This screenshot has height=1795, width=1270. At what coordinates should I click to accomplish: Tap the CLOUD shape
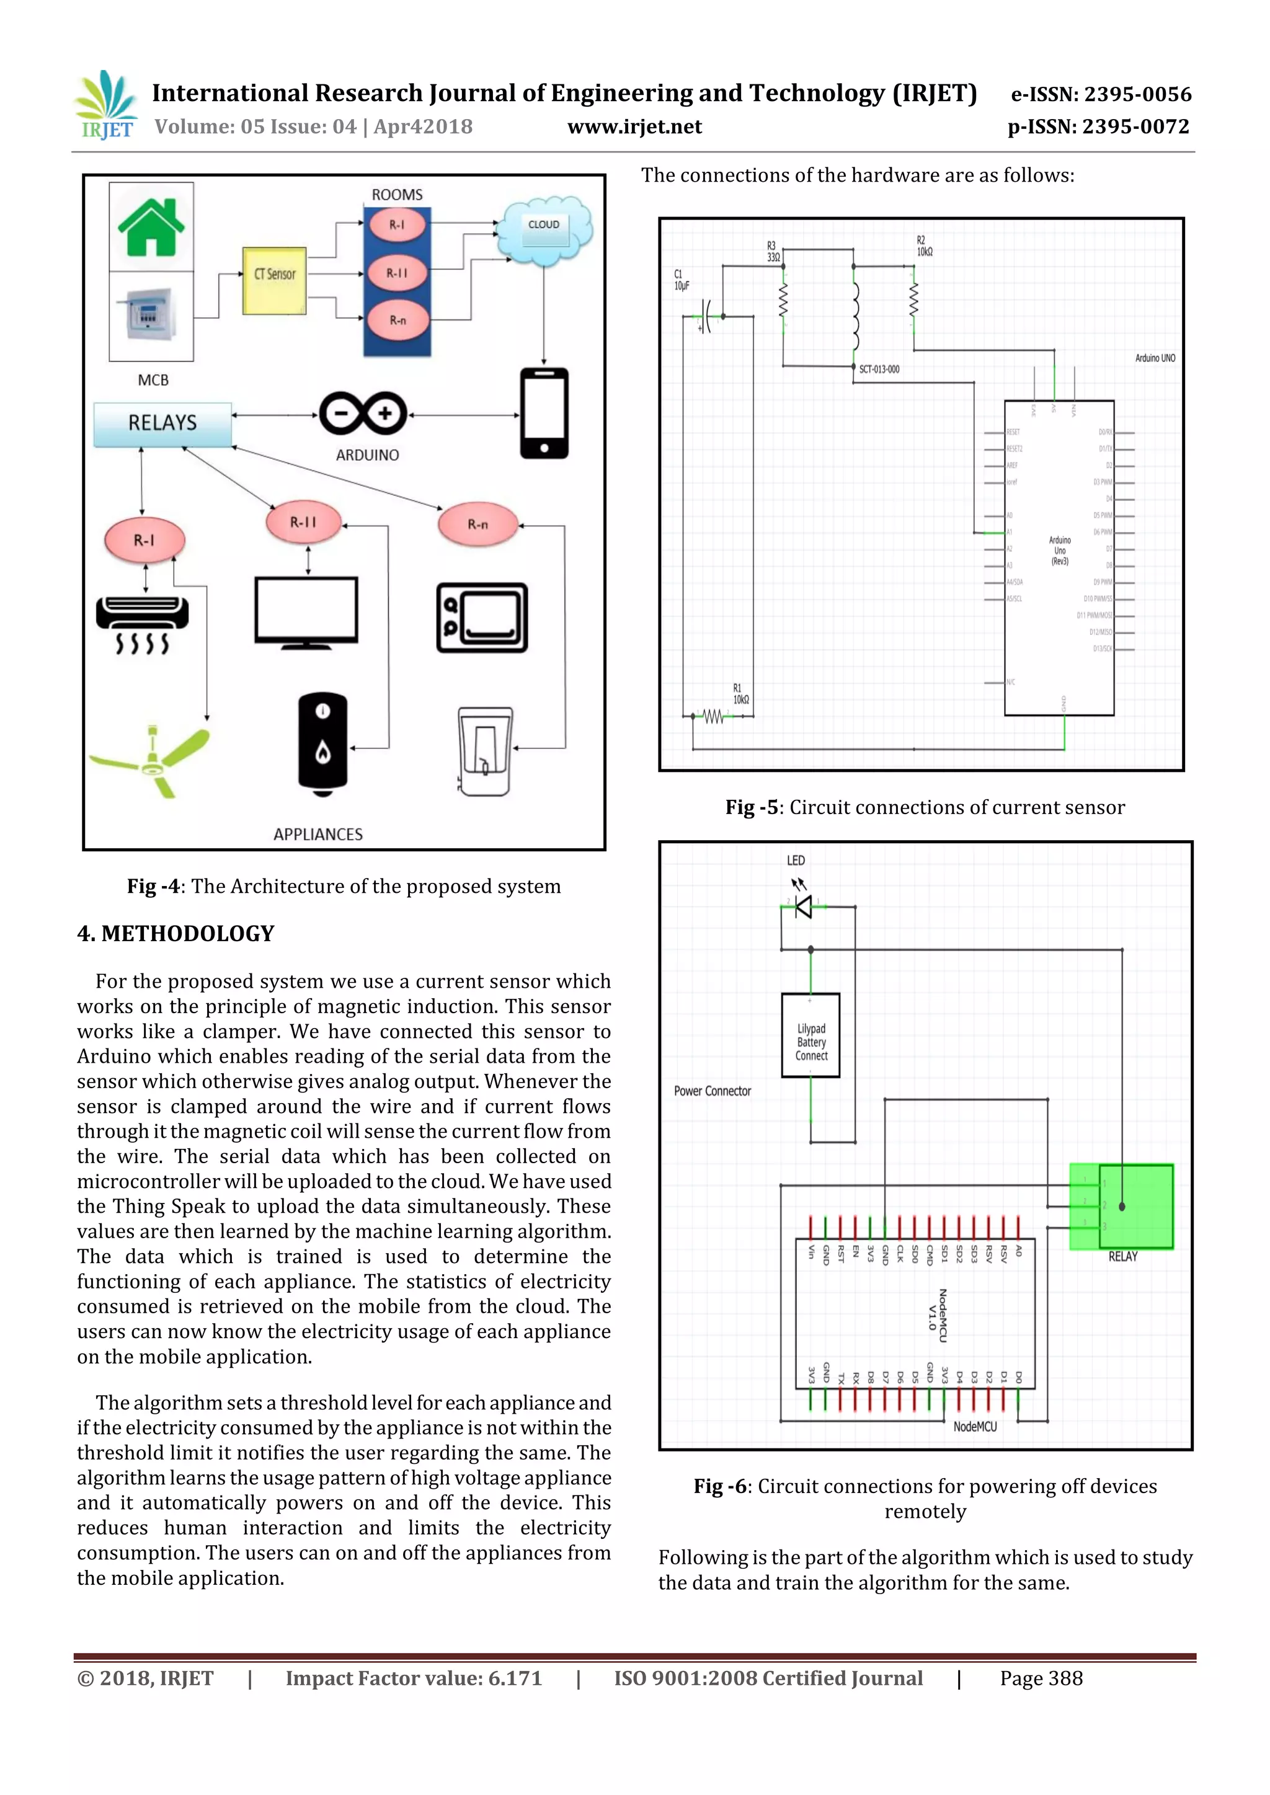(x=544, y=230)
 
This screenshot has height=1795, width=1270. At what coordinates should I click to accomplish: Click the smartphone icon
(x=544, y=413)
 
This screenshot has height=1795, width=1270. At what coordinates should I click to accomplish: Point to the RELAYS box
(x=162, y=423)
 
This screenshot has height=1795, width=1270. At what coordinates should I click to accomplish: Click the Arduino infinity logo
(x=363, y=413)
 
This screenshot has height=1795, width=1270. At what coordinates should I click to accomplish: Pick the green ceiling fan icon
(x=151, y=761)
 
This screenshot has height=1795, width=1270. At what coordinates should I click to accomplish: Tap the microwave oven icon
(x=482, y=618)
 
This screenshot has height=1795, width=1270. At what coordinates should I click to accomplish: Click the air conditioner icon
(x=143, y=623)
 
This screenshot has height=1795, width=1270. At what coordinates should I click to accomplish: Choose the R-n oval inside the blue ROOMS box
(x=397, y=320)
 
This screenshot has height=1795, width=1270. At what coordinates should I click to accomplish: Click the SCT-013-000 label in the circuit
(x=879, y=369)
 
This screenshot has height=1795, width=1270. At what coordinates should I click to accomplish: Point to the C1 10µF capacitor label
(x=681, y=280)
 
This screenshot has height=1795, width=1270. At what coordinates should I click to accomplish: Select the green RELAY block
(x=1122, y=1207)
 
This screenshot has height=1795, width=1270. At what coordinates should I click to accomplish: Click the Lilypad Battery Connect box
(x=811, y=1035)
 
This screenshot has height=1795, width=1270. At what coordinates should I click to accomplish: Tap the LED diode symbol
(x=803, y=907)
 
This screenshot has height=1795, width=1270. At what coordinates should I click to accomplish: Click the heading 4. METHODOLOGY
(x=176, y=934)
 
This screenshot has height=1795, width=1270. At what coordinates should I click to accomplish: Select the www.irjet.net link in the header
(x=634, y=126)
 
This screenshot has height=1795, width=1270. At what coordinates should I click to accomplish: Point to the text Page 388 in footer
(x=1041, y=1678)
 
